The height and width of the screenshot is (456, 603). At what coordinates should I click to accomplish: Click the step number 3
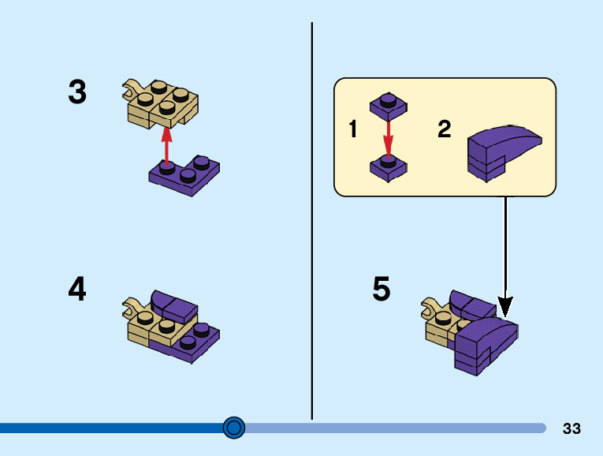point(77,92)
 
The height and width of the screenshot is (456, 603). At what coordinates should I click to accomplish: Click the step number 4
point(77,290)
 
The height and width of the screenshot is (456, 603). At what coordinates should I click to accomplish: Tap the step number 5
point(382,290)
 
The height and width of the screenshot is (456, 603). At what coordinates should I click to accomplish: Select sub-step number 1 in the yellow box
point(353,129)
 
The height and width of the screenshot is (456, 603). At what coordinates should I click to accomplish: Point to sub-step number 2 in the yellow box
point(445,129)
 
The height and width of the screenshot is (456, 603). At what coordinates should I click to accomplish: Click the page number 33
point(571,428)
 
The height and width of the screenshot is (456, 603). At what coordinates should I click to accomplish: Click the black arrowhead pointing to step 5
point(505,305)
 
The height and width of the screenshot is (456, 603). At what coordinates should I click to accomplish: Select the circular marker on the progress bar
point(234,428)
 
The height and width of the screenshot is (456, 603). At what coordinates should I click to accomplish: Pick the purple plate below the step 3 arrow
point(185,177)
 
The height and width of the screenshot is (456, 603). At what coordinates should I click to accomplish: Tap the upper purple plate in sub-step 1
point(387,104)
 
